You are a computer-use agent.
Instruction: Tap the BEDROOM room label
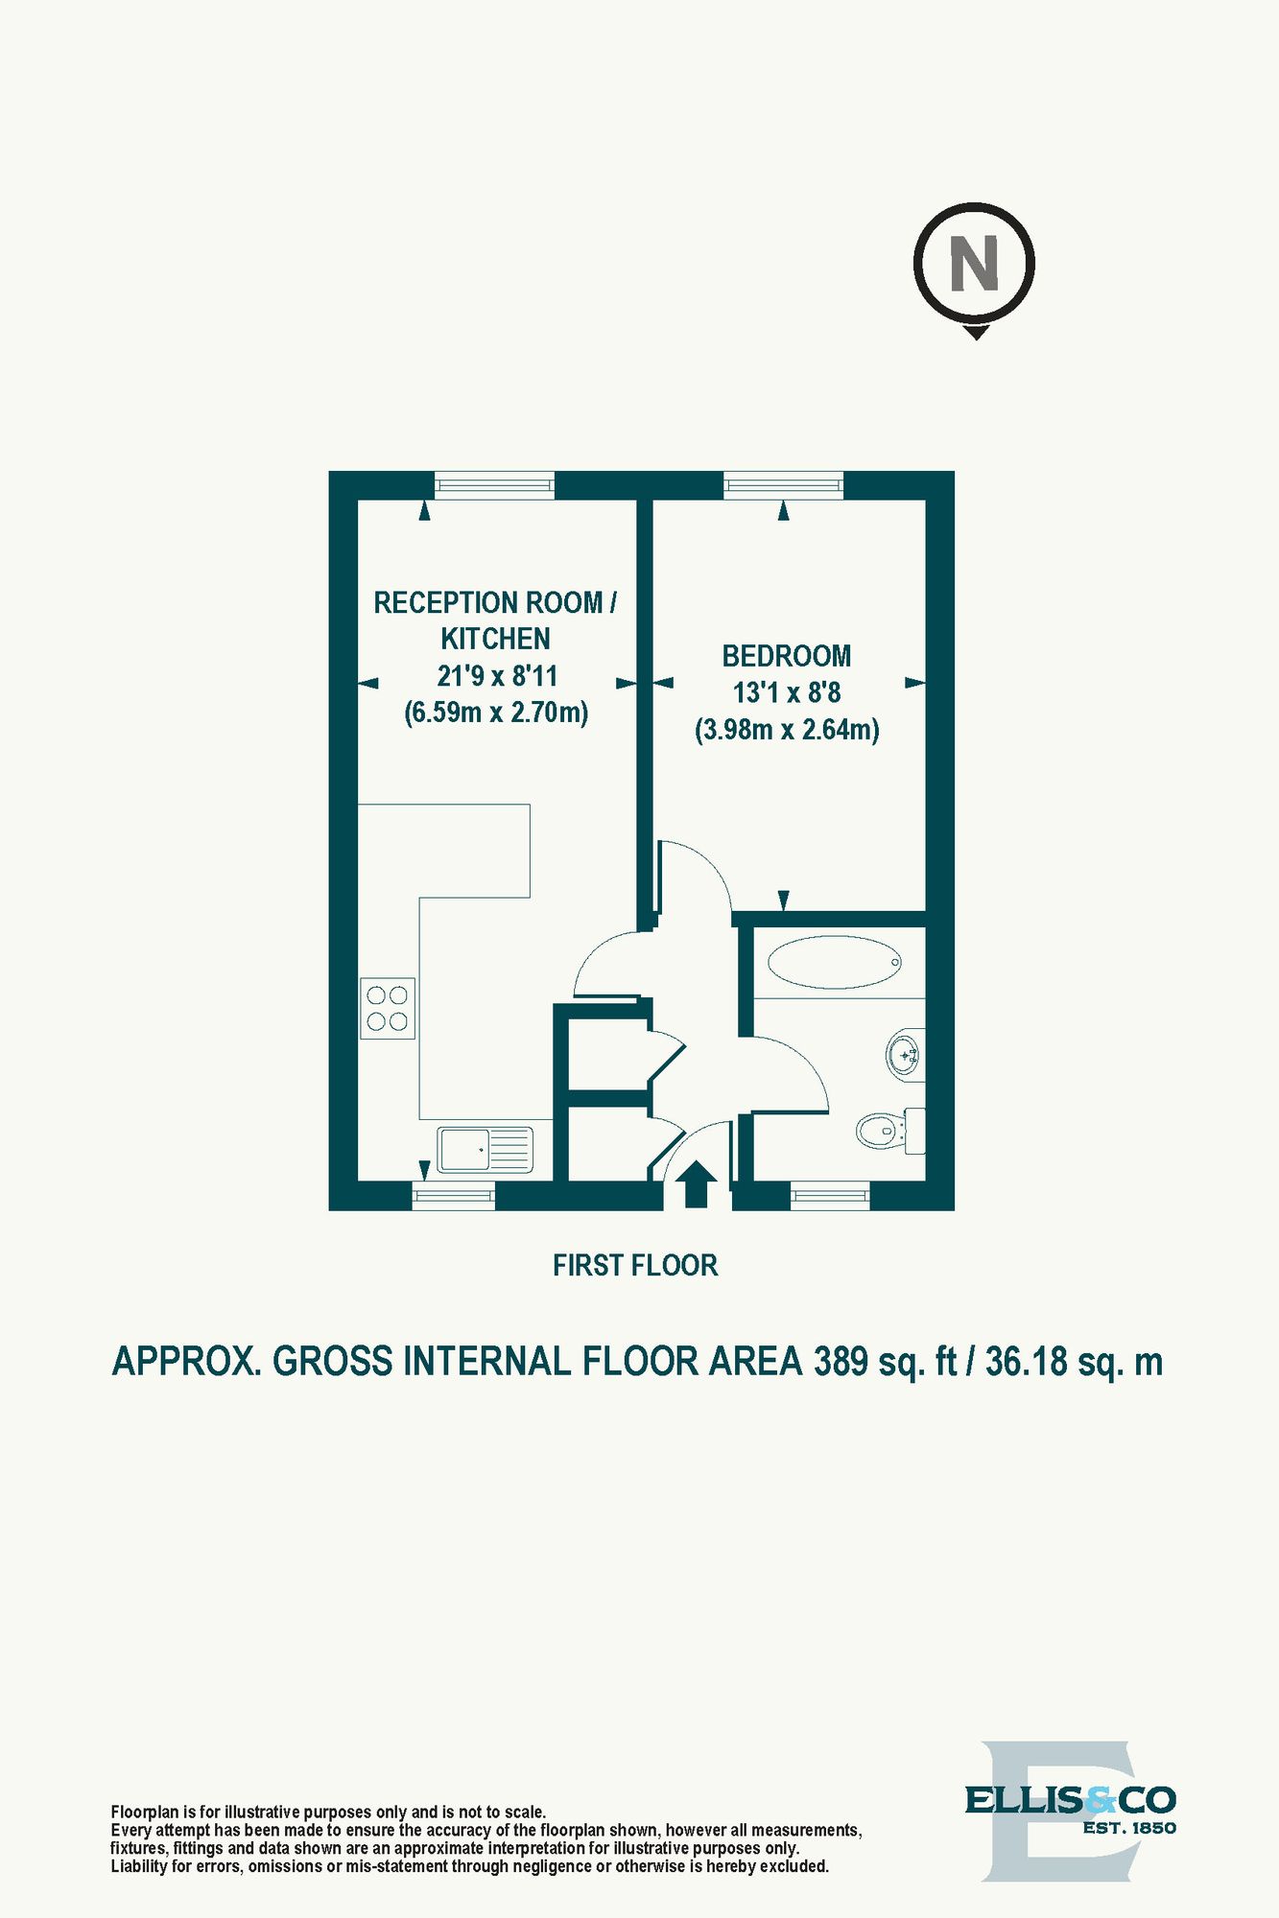(787, 656)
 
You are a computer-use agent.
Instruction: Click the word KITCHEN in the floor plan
(495, 639)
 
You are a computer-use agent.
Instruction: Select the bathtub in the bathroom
(835, 962)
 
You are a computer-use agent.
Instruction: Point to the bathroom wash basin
(905, 1055)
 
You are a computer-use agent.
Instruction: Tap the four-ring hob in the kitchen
(388, 1008)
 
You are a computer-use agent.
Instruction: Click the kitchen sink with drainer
(486, 1150)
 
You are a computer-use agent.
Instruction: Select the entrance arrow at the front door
(696, 1185)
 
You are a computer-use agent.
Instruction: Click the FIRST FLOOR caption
(635, 1266)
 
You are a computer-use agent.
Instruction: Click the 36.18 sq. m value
(1074, 1362)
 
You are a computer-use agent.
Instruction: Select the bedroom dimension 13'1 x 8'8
(787, 692)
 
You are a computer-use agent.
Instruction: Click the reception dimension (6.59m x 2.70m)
(496, 713)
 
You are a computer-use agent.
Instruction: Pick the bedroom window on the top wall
(784, 485)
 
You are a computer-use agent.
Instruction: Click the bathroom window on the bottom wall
(831, 1196)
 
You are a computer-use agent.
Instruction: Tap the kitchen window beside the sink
(454, 1196)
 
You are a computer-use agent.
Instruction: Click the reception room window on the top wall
(494, 485)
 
